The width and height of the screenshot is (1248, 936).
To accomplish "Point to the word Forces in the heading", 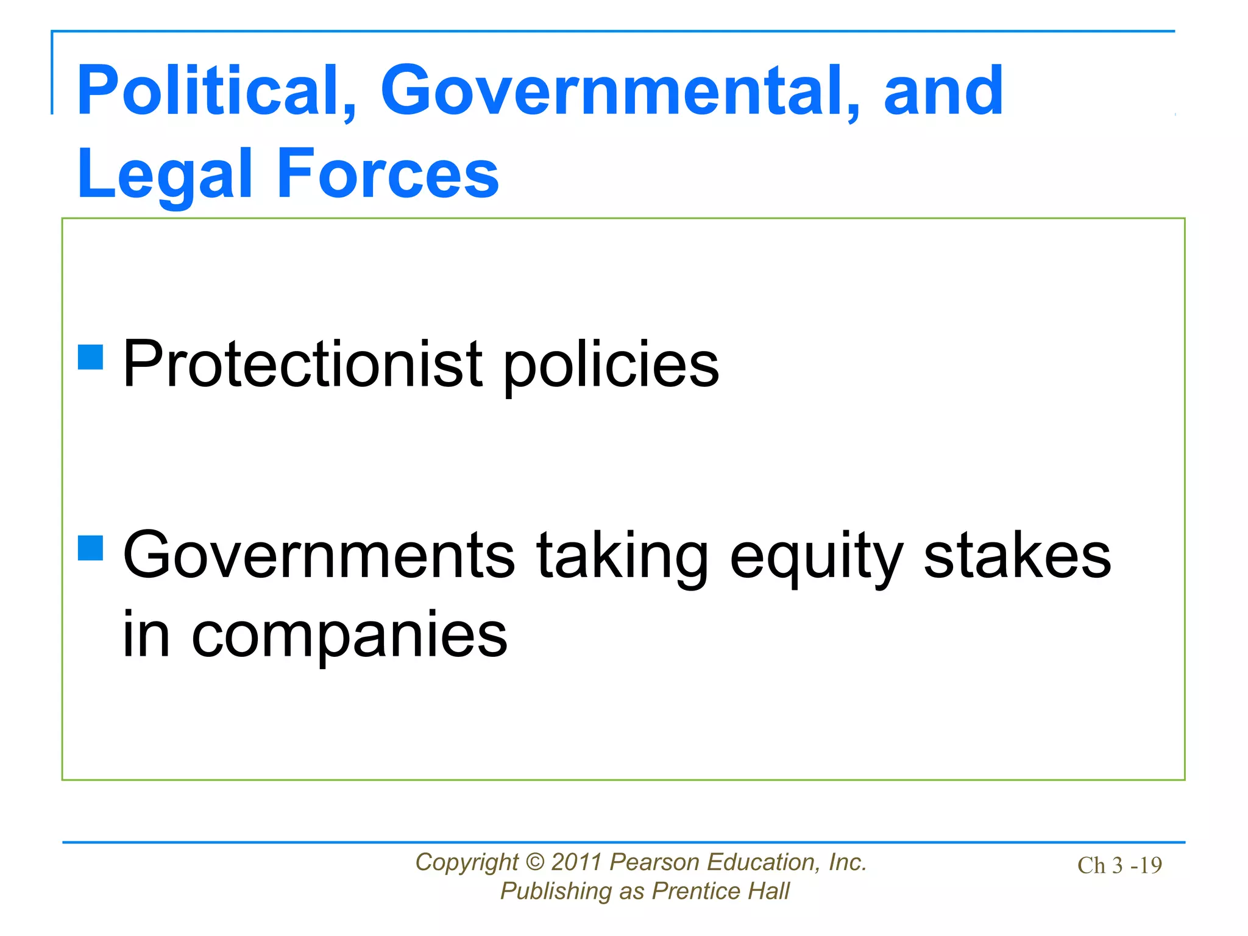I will coord(388,174).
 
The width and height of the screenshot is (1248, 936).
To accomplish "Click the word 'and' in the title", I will coord(943,91).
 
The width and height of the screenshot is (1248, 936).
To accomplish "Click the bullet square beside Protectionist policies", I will coord(91,358).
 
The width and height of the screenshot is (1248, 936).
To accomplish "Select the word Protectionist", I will coord(303,364).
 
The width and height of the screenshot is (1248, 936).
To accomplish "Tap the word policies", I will coord(611,366).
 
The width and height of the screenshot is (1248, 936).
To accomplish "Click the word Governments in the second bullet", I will coord(319,555).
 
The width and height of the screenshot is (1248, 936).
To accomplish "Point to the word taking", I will coord(622,556).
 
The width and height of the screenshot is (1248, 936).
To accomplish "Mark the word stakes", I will coord(1017,555).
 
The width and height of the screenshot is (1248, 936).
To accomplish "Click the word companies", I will coord(349,636).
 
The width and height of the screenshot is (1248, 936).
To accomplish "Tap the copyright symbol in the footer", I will coord(534,862).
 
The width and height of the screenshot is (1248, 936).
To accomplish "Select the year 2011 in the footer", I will coord(577,862).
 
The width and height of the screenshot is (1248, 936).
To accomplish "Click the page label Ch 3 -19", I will coord(1119,865).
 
